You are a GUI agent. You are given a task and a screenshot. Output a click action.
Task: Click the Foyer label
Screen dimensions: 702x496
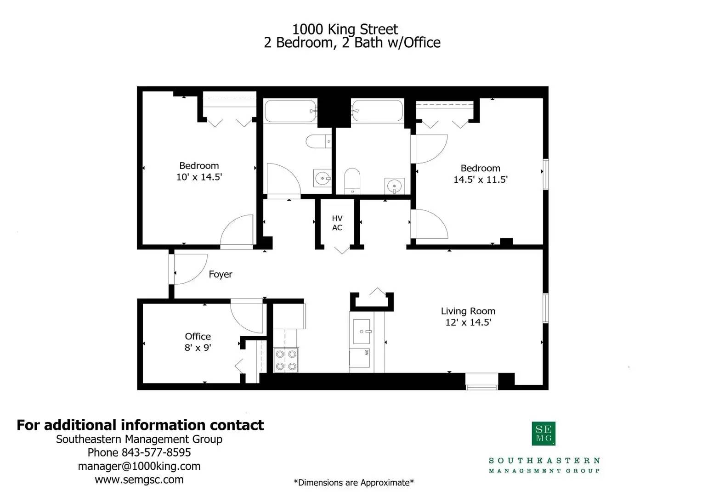click(221, 274)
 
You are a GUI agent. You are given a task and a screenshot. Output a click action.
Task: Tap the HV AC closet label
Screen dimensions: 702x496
click(337, 223)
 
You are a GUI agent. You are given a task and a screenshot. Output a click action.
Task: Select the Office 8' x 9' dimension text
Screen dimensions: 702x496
click(198, 348)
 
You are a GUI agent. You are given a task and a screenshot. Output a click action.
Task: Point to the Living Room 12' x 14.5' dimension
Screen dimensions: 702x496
click(468, 322)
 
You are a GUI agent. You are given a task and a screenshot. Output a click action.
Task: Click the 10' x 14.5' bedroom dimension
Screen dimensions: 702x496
click(199, 177)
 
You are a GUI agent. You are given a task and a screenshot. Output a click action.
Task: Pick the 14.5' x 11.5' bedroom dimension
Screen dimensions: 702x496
click(481, 180)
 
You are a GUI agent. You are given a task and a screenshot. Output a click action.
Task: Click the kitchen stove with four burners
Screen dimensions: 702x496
click(286, 360)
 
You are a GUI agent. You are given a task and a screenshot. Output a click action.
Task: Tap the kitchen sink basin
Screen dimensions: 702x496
click(362, 331)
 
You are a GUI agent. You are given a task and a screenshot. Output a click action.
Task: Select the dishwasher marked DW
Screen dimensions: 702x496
click(359, 358)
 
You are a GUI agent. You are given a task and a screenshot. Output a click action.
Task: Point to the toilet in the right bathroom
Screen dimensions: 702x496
click(352, 181)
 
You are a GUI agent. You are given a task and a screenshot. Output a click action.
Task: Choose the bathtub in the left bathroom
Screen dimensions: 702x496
click(290, 111)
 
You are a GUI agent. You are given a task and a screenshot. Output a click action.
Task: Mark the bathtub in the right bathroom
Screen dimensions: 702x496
click(377, 111)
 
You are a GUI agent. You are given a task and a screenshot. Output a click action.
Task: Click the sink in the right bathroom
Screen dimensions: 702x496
click(395, 186)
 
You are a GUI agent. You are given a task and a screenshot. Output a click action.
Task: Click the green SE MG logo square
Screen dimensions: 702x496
click(543, 434)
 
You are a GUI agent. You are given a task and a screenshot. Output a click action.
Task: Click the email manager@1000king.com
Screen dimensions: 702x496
click(139, 466)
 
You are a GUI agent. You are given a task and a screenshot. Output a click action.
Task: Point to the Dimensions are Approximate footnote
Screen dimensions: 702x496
click(354, 483)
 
